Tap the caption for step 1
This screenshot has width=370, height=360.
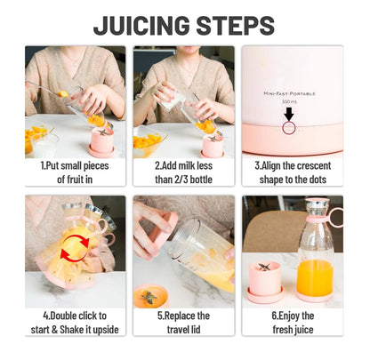pos(75,172)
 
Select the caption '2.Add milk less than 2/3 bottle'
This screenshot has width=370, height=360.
pos(183,172)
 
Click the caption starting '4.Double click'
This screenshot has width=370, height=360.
pos(75,323)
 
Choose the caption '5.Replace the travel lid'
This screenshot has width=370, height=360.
pos(183,323)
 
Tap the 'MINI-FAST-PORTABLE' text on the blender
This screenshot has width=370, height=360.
pos(290,92)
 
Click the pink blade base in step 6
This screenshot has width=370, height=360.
pos(267,281)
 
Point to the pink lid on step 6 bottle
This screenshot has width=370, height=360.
pos(318,214)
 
